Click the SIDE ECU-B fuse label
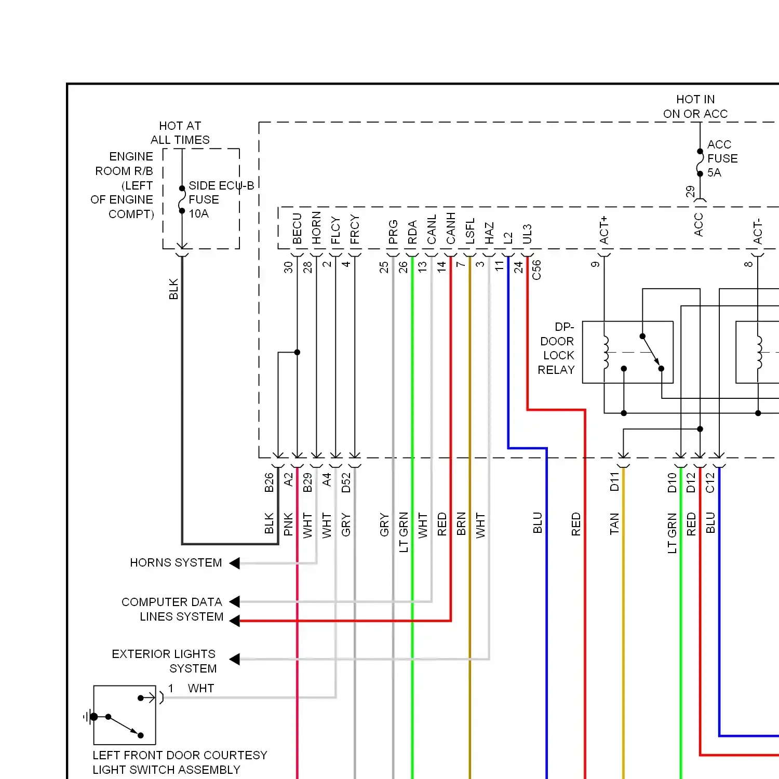tap(221, 199)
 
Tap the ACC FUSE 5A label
tap(722, 158)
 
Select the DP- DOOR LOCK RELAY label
tap(556, 348)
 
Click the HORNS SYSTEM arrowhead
tap(234, 563)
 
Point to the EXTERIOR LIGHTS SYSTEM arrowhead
tap(234, 659)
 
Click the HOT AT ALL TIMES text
tap(180, 133)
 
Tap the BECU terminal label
tap(297, 229)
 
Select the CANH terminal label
tap(451, 228)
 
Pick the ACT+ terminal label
tap(604, 230)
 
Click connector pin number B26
tap(269, 482)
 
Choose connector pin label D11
tap(615, 482)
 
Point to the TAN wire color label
tap(615, 523)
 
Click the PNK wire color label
tap(289, 524)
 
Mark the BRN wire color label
tap(461, 524)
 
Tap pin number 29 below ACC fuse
tap(690, 192)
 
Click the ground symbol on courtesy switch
tap(89, 717)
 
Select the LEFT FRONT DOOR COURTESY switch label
tap(180, 762)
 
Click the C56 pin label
tap(537, 270)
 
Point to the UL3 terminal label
tap(527, 234)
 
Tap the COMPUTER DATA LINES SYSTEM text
tap(172, 609)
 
